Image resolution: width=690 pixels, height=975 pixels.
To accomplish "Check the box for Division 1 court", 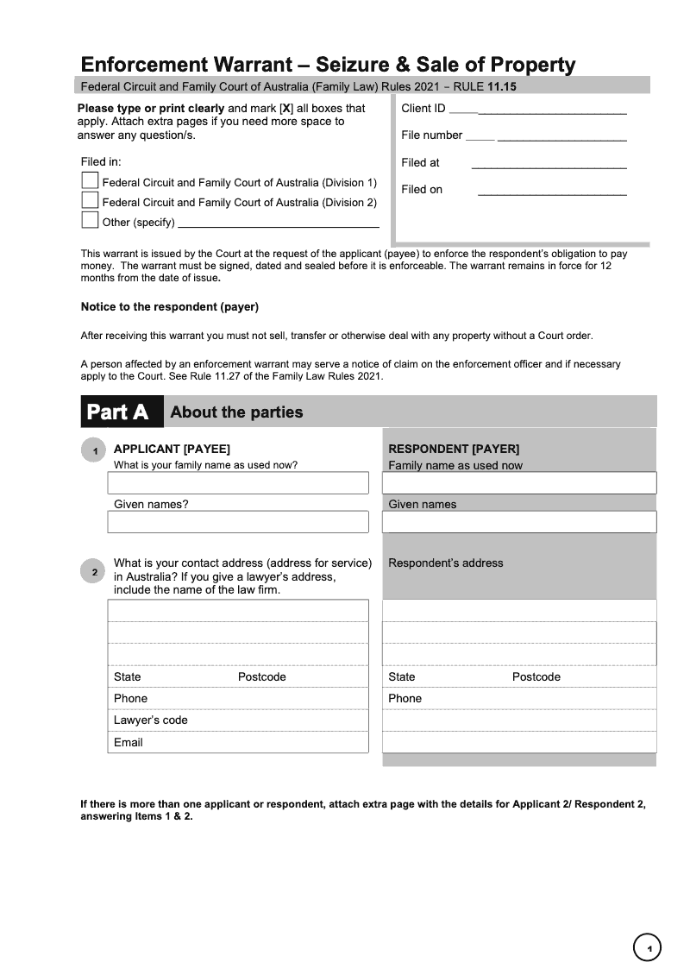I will tap(90, 180).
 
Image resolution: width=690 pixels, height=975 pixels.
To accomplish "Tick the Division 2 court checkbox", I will tap(90, 200).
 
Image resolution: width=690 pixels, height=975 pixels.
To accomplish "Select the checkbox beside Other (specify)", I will tap(90, 220).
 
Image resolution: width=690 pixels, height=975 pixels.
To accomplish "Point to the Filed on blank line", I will tap(552, 192).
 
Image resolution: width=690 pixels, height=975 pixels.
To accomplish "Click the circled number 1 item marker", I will tap(93, 450).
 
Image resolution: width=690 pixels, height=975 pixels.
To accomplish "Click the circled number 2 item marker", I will tap(93, 571).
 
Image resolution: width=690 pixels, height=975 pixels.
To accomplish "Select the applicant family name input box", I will tap(238, 483).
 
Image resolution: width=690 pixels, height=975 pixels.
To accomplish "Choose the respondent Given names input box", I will tap(519, 522).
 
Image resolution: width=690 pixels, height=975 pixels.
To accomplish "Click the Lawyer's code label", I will tap(151, 720).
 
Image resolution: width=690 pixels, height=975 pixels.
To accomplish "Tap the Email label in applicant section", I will tap(129, 742).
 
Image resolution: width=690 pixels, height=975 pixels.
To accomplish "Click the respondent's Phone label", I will tap(405, 698).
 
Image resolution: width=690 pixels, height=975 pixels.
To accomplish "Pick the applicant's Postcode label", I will tap(261, 676).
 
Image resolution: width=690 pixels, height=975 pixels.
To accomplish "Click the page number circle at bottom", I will tap(647, 948).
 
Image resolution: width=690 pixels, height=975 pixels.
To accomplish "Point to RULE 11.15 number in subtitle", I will tap(501, 86).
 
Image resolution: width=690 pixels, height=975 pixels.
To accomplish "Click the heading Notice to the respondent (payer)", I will tap(170, 306).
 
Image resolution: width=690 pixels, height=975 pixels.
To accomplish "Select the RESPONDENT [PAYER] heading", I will tap(454, 449).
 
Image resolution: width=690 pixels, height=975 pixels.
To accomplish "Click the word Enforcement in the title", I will tap(145, 65).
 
